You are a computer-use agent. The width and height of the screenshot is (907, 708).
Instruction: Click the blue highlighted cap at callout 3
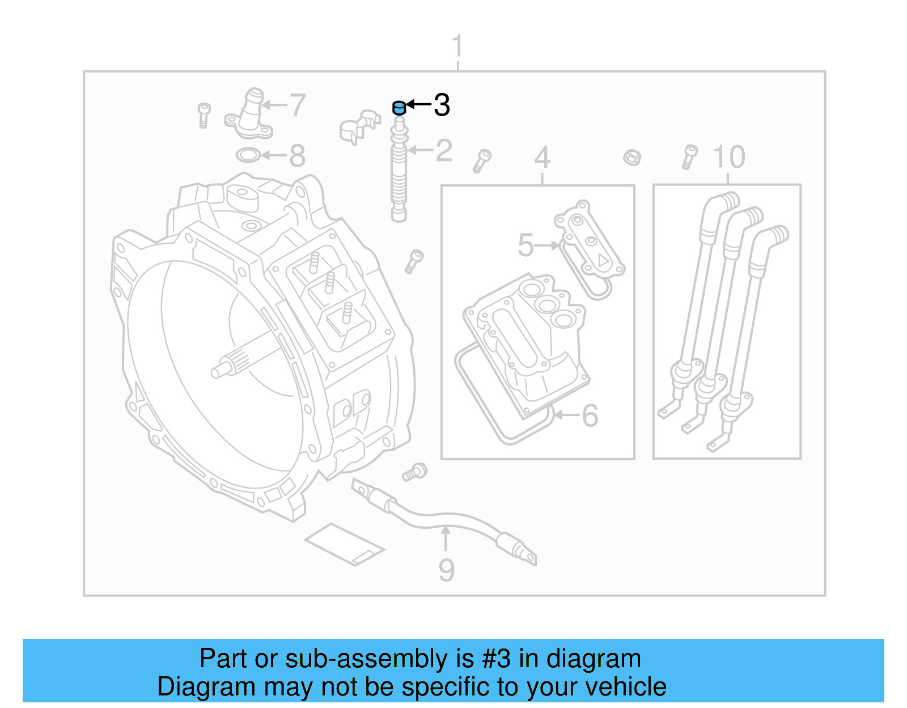click(399, 107)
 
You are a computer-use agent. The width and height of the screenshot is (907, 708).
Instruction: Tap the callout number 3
click(442, 105)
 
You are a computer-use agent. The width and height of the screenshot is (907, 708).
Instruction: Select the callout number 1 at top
click(457, 46)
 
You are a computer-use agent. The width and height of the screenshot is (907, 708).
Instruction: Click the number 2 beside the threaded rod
click(444, 151)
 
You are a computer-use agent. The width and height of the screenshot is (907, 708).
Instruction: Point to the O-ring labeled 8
click(248, 155)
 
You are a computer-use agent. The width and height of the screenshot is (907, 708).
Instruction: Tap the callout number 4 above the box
click(542, 158)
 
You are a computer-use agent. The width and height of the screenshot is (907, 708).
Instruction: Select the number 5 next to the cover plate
click(526, 245)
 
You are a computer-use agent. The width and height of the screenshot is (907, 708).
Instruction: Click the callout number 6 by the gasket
click(590, 416)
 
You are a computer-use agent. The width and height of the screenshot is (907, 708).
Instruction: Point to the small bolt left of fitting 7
click(204, 115)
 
